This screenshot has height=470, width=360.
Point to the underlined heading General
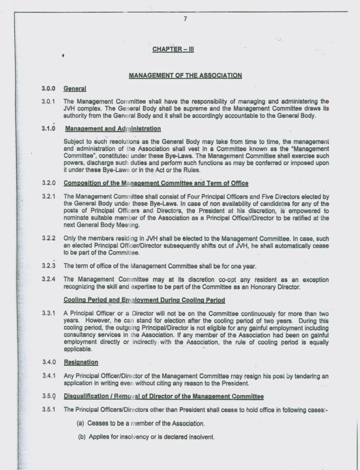(75, 89)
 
